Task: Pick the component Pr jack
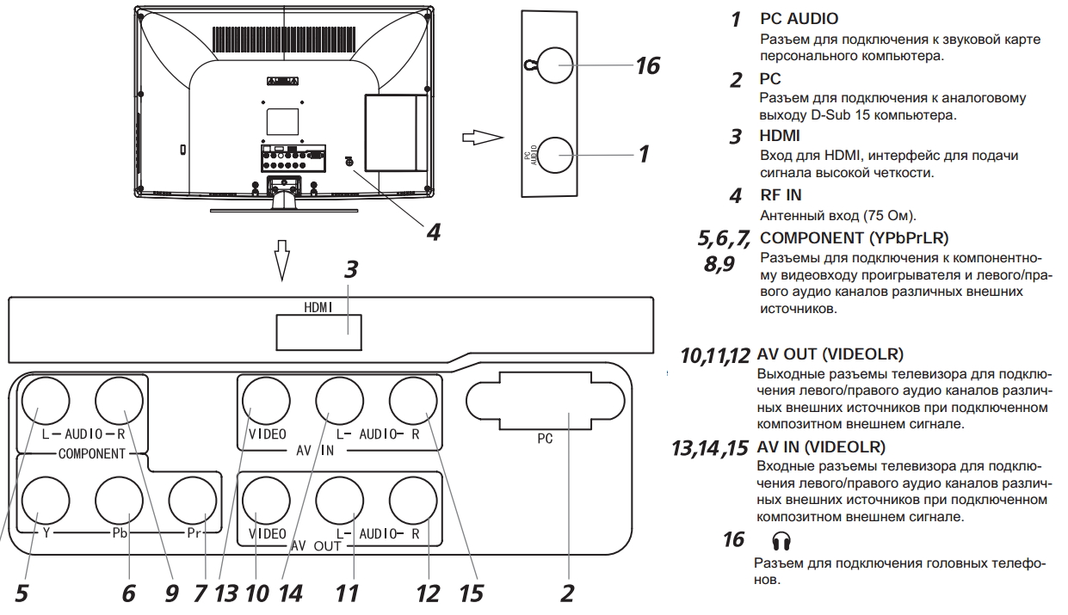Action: tap(193, 499)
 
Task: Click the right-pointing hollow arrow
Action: tap(481, 138)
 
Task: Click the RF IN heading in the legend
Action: tap(781, 196)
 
